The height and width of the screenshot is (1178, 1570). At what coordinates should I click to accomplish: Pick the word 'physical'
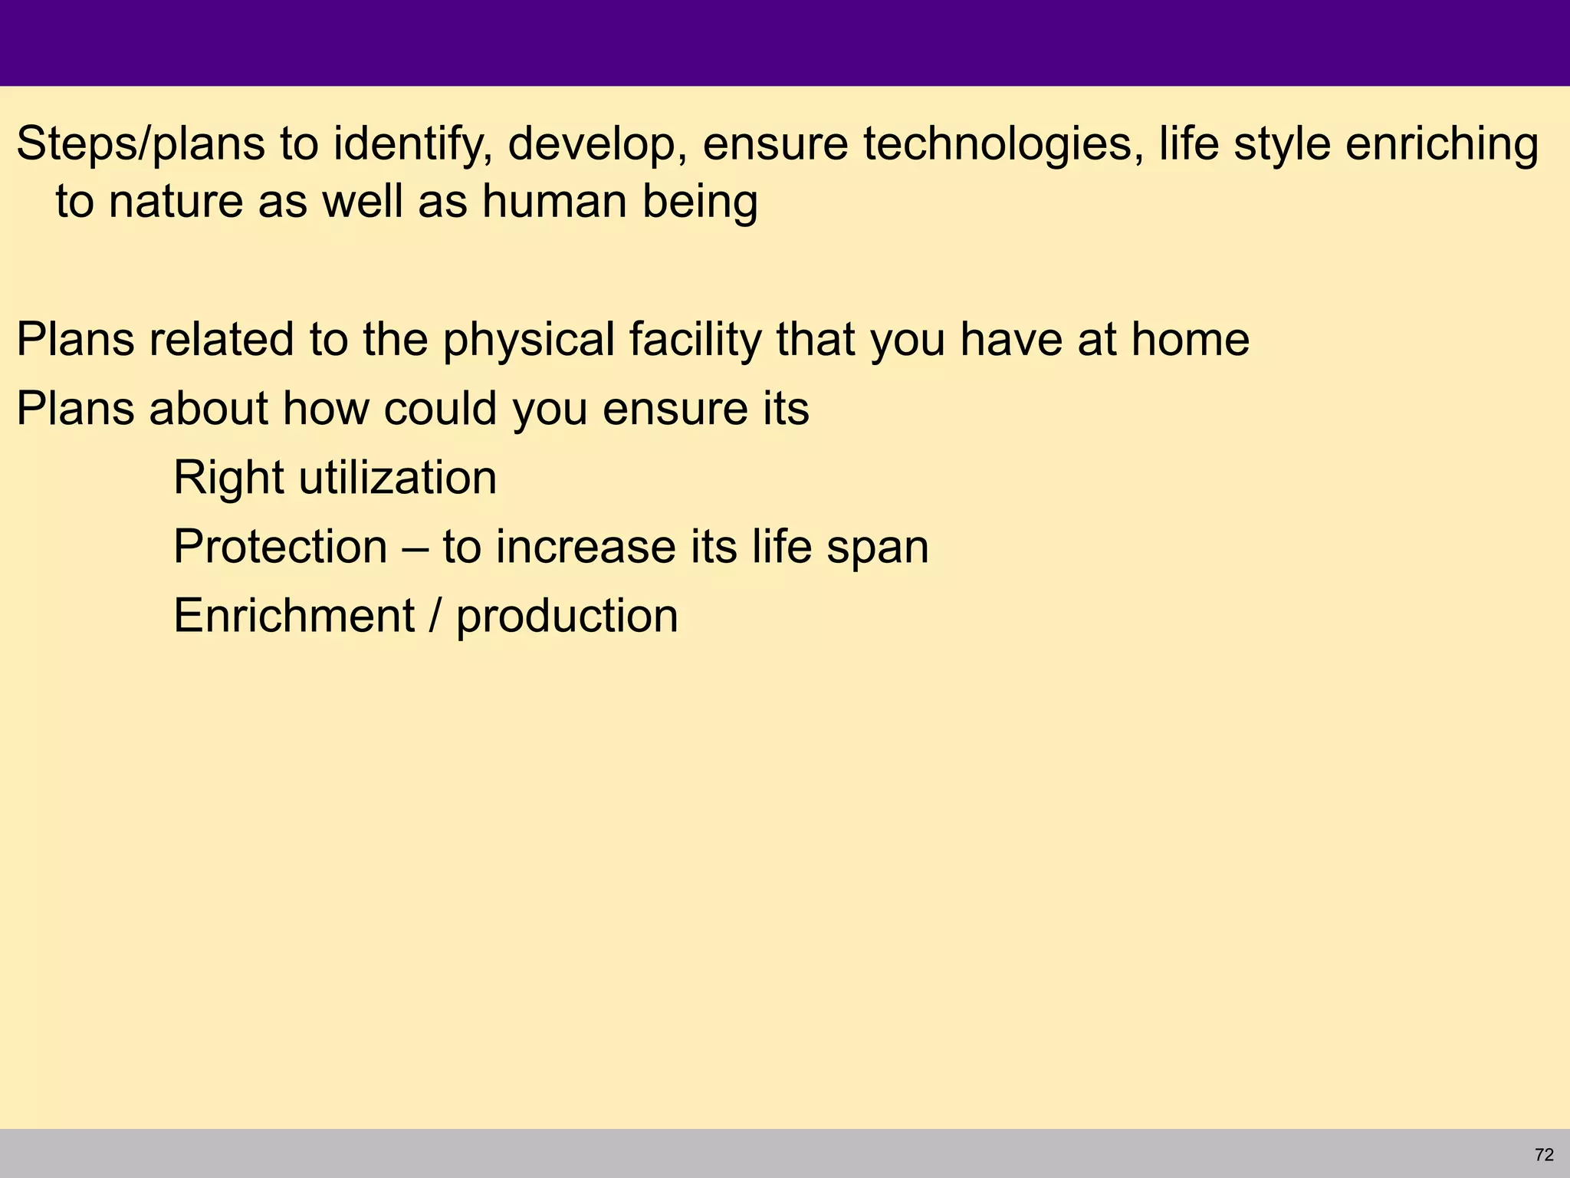point(529,340)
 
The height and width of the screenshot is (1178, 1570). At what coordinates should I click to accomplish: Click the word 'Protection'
point(281,547)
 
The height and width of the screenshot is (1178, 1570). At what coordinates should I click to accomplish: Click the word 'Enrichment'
point(294,616)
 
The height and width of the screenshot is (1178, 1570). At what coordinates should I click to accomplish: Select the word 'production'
point(567,617)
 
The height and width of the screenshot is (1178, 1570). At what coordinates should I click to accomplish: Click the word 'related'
point(222,340)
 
